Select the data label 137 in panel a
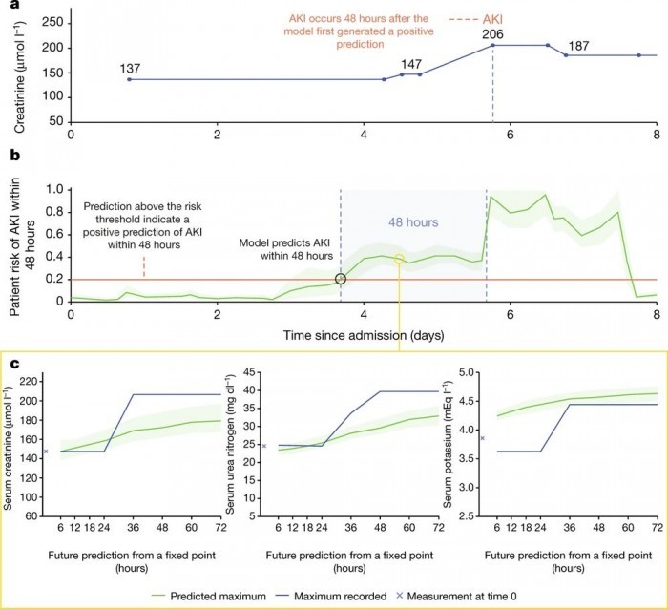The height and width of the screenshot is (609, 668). coord(131,68)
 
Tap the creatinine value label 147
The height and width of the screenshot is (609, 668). coord(412,63)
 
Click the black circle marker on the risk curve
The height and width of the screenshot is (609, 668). coord(341,279)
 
